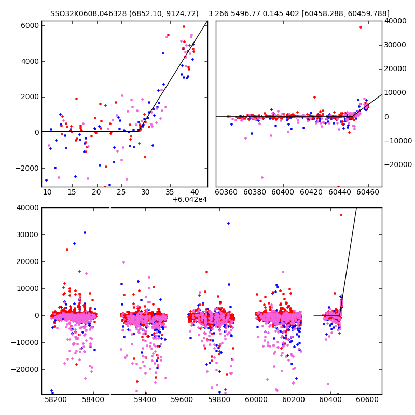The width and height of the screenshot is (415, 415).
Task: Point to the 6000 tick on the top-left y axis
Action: [30, 25]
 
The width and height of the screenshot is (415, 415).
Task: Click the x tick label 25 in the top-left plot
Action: [121, 192]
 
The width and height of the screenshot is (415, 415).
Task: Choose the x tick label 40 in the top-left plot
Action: [195, 192]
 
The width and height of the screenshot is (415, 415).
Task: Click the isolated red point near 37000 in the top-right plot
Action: [361, 27]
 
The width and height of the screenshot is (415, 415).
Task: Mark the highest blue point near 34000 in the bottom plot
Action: [228, 224]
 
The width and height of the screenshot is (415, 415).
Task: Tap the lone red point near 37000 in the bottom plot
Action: [341, 215]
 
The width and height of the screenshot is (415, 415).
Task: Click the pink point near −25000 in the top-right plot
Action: [262, 177]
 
